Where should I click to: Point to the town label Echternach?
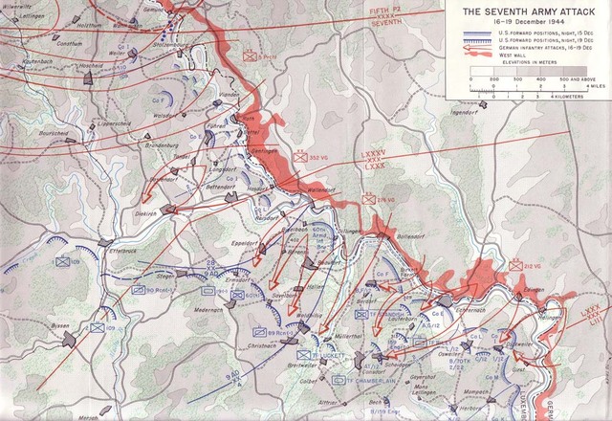(460, 283)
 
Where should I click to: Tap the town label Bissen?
(61, 324)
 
